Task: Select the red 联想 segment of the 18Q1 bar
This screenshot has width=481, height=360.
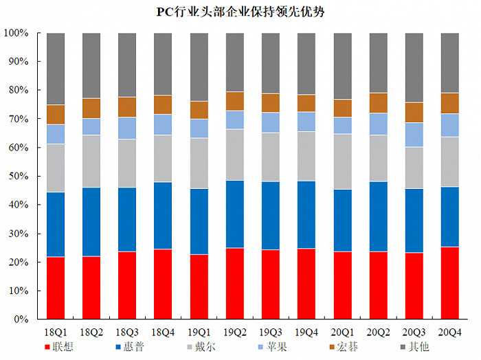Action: pos(56,288)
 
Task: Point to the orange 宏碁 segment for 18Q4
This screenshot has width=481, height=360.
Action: pos(163,104)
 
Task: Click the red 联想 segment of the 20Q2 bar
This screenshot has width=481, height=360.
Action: pos(379,285)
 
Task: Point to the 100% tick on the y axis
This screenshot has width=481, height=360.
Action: pos(16,33)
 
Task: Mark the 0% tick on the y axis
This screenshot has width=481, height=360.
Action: pos(21,320)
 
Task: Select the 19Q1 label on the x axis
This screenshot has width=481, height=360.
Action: pos(199,331)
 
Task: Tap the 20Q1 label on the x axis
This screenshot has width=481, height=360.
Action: pos(342,331)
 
